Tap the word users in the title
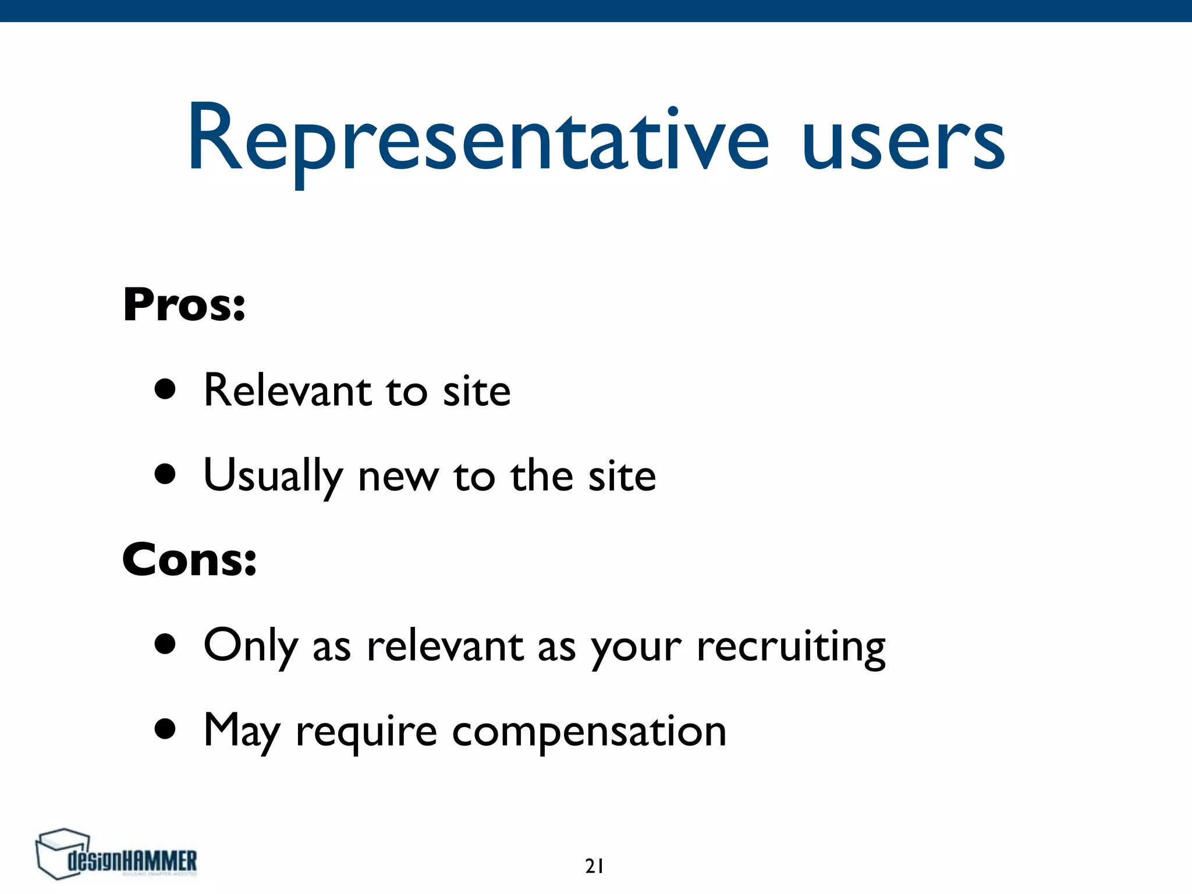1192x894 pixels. [903, 143]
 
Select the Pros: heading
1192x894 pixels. [184, 305]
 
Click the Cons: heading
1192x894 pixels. [189, 559]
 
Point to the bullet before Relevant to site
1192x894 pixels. [166, 389]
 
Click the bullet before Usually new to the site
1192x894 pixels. [166, 474]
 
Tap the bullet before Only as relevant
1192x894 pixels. [166, 644]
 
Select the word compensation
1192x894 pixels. [589, 732]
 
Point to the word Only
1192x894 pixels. [251, 646]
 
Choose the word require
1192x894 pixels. [366, 733]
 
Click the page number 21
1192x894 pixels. [594, 867]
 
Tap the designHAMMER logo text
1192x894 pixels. [133, 861]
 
